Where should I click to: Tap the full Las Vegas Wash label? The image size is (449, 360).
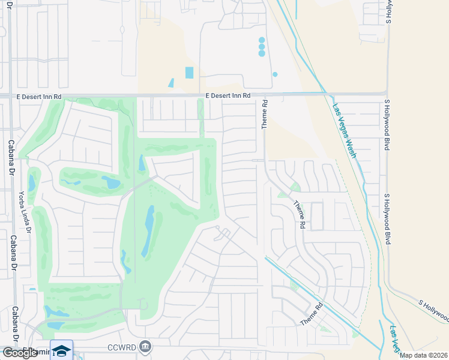point(345,131)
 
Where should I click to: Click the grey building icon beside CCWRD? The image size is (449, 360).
point(145,346)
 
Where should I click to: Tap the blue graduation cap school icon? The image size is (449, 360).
point(61,350)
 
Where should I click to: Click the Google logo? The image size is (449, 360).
point(19,353)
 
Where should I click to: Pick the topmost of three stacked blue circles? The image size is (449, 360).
point(262,40)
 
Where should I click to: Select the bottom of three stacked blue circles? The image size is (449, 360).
point(262,53)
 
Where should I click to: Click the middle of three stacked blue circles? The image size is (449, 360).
point(262,47)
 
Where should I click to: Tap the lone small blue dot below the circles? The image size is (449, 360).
point(275,74)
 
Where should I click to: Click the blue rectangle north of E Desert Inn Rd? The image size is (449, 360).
point(190,73)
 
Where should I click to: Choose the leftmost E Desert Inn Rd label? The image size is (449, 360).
point(40,96)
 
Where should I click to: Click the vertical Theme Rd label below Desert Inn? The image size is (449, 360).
point(264,114)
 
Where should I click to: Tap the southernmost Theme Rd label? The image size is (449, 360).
point(312,314)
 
